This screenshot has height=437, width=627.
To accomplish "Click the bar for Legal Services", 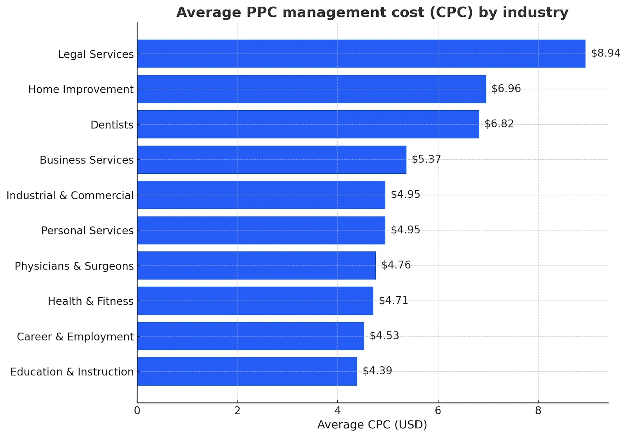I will (361, 54).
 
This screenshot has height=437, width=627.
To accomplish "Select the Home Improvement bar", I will (312, 89).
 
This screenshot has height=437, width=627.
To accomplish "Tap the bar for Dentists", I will (308, 124).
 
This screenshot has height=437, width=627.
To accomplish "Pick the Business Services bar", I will (272, 160).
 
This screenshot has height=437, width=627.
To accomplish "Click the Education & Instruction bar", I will (247, 371).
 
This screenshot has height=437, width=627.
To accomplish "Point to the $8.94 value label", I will (605, 53).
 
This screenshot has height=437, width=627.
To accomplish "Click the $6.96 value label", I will (506, 88).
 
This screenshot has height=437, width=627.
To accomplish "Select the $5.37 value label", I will (426, 159).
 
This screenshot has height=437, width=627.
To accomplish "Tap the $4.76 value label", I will (396, 265).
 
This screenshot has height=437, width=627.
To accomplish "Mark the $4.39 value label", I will (377, 371).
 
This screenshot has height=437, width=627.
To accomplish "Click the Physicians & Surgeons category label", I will (74, 266).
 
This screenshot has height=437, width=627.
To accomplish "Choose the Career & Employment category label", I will (75, 337).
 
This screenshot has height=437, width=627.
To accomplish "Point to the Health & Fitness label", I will (91, 301).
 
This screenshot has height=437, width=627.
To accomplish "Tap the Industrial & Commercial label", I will (70, 195).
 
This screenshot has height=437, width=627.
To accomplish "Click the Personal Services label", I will (87, 231).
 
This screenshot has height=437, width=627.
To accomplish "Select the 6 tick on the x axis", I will (438, 411).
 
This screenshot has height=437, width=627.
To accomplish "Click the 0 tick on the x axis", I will (137, 411).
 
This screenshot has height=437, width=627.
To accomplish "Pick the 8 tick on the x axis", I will (538, 411).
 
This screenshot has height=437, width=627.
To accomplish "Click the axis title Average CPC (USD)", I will (372, 425).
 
